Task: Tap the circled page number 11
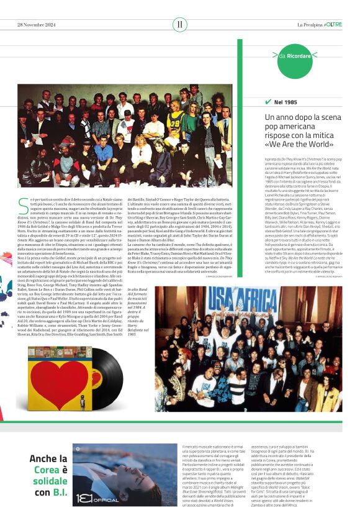coord(179,24)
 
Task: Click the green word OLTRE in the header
coord(334,24)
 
